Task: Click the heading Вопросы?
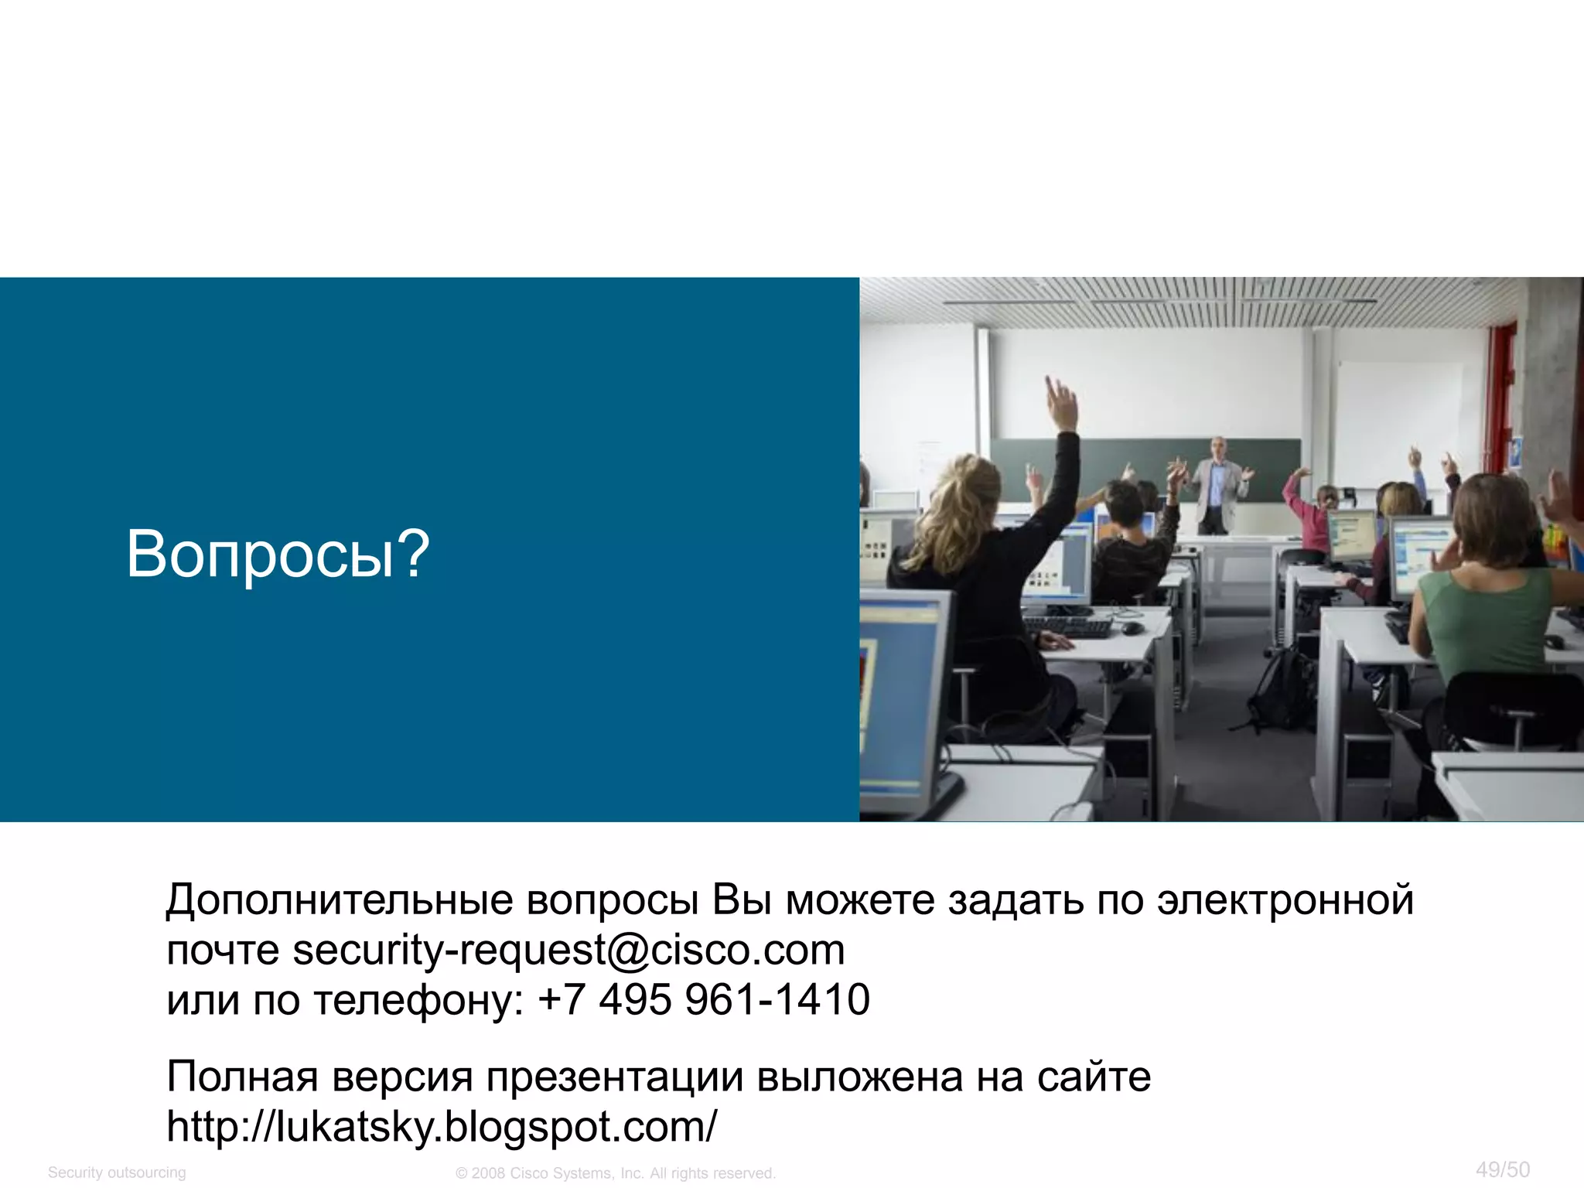(x=278, y=554)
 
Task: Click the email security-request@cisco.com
(x=568, y=950)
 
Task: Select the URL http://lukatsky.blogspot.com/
(x=442, y=1126)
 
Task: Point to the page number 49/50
(x=1502, y=1169)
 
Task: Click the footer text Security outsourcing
(x=117, y=1173)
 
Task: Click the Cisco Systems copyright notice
(x=616, y=1173)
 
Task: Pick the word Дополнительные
(x=340, y=900)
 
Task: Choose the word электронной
(x=1285, y=900)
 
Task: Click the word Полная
(x=242, y=1077)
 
